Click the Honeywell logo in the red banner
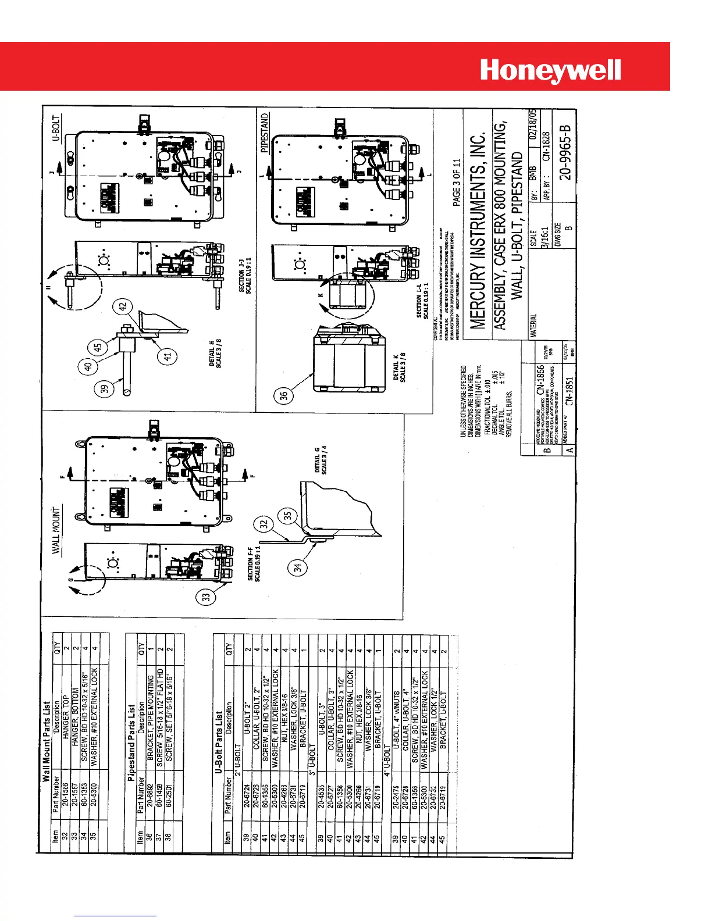pos(550,71)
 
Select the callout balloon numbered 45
pos(98,348)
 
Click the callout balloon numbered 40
pos(88,367)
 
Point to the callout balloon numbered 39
pos(105,389)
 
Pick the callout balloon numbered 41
pos(168,356)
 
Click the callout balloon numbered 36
pos(283,396)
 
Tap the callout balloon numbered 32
pos(265,523)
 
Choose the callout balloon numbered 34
pos(298,567)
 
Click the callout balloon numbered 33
pos(205,597)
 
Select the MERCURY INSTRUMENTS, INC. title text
pos(478,231)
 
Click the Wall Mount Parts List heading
pos(46,741)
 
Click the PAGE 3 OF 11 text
pos(457,182)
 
